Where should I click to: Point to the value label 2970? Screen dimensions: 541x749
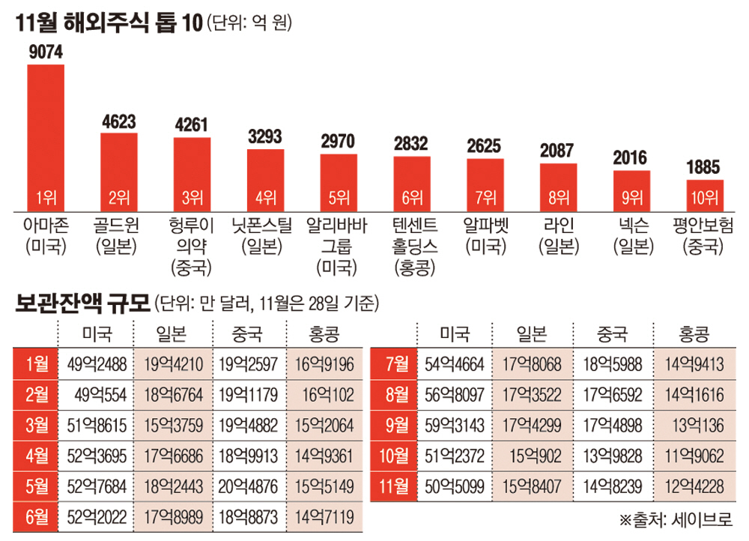pos(339,142)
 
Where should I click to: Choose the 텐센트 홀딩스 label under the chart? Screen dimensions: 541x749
pos(411,246)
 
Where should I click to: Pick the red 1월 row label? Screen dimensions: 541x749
pos(35,365)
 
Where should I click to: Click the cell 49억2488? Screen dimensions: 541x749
pos(97,365)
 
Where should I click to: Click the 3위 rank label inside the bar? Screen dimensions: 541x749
pos(192,199)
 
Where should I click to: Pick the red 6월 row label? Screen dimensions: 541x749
pos(35,516)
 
